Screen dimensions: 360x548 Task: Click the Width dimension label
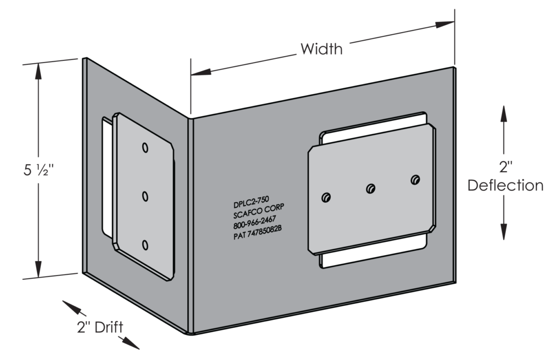point(321,50)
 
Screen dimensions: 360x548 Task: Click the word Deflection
point(506,186)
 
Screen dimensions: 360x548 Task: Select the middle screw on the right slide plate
point(370,188)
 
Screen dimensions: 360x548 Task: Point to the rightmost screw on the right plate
point(415,179)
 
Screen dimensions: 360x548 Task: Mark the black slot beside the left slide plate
point(105,177)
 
